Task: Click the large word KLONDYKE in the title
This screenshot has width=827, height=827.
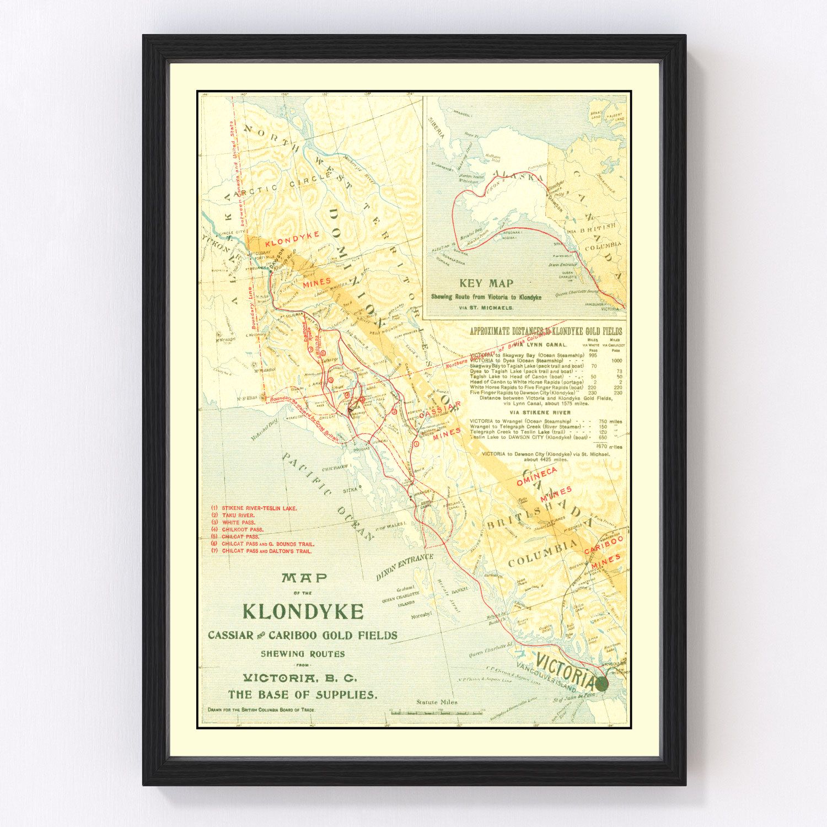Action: (303, 611)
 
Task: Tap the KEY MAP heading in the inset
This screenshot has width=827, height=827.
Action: (486, 283)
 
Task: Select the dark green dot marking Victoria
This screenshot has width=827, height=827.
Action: (602, 684)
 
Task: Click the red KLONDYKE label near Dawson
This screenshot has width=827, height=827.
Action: (292, 239)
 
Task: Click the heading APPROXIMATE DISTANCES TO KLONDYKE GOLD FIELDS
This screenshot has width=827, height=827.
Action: (545, 331)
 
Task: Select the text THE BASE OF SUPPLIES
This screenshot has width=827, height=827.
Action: (303, 695)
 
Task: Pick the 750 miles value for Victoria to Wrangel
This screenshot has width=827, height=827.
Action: (610, 421)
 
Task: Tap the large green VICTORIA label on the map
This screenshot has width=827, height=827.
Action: (565, 668)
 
